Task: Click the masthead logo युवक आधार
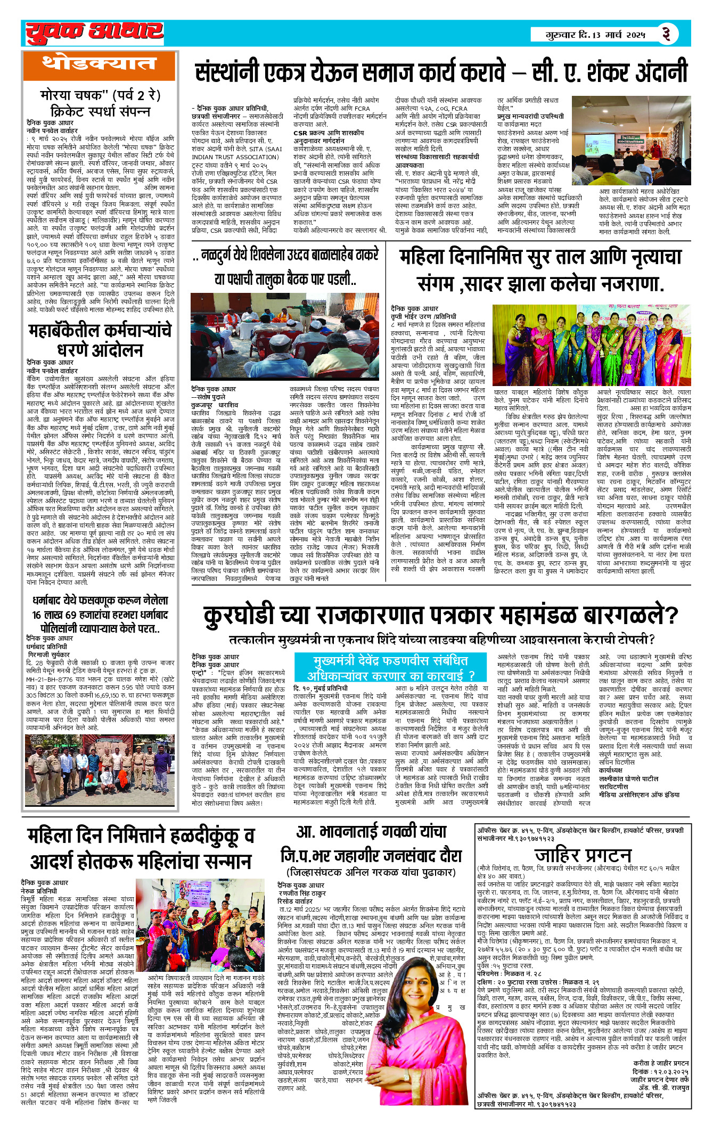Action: [x=94, y=33]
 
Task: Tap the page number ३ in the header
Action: [x=666, y=34]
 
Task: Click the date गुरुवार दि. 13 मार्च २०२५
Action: [x=595, y=35]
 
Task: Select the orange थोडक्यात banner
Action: [x=99, y=65]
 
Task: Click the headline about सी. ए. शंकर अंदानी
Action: [x=441, y=72]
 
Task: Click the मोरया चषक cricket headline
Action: [x=100, y=103]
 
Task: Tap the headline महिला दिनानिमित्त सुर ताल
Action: [x=540, y=270]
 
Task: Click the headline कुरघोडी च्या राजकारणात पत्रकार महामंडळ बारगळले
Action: [x=441, y=616]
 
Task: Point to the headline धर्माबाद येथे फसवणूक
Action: [x=100, y=615]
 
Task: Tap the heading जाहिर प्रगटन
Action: [x=583, y=855]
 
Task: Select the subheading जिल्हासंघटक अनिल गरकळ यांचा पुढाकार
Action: [x=371, y=872]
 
